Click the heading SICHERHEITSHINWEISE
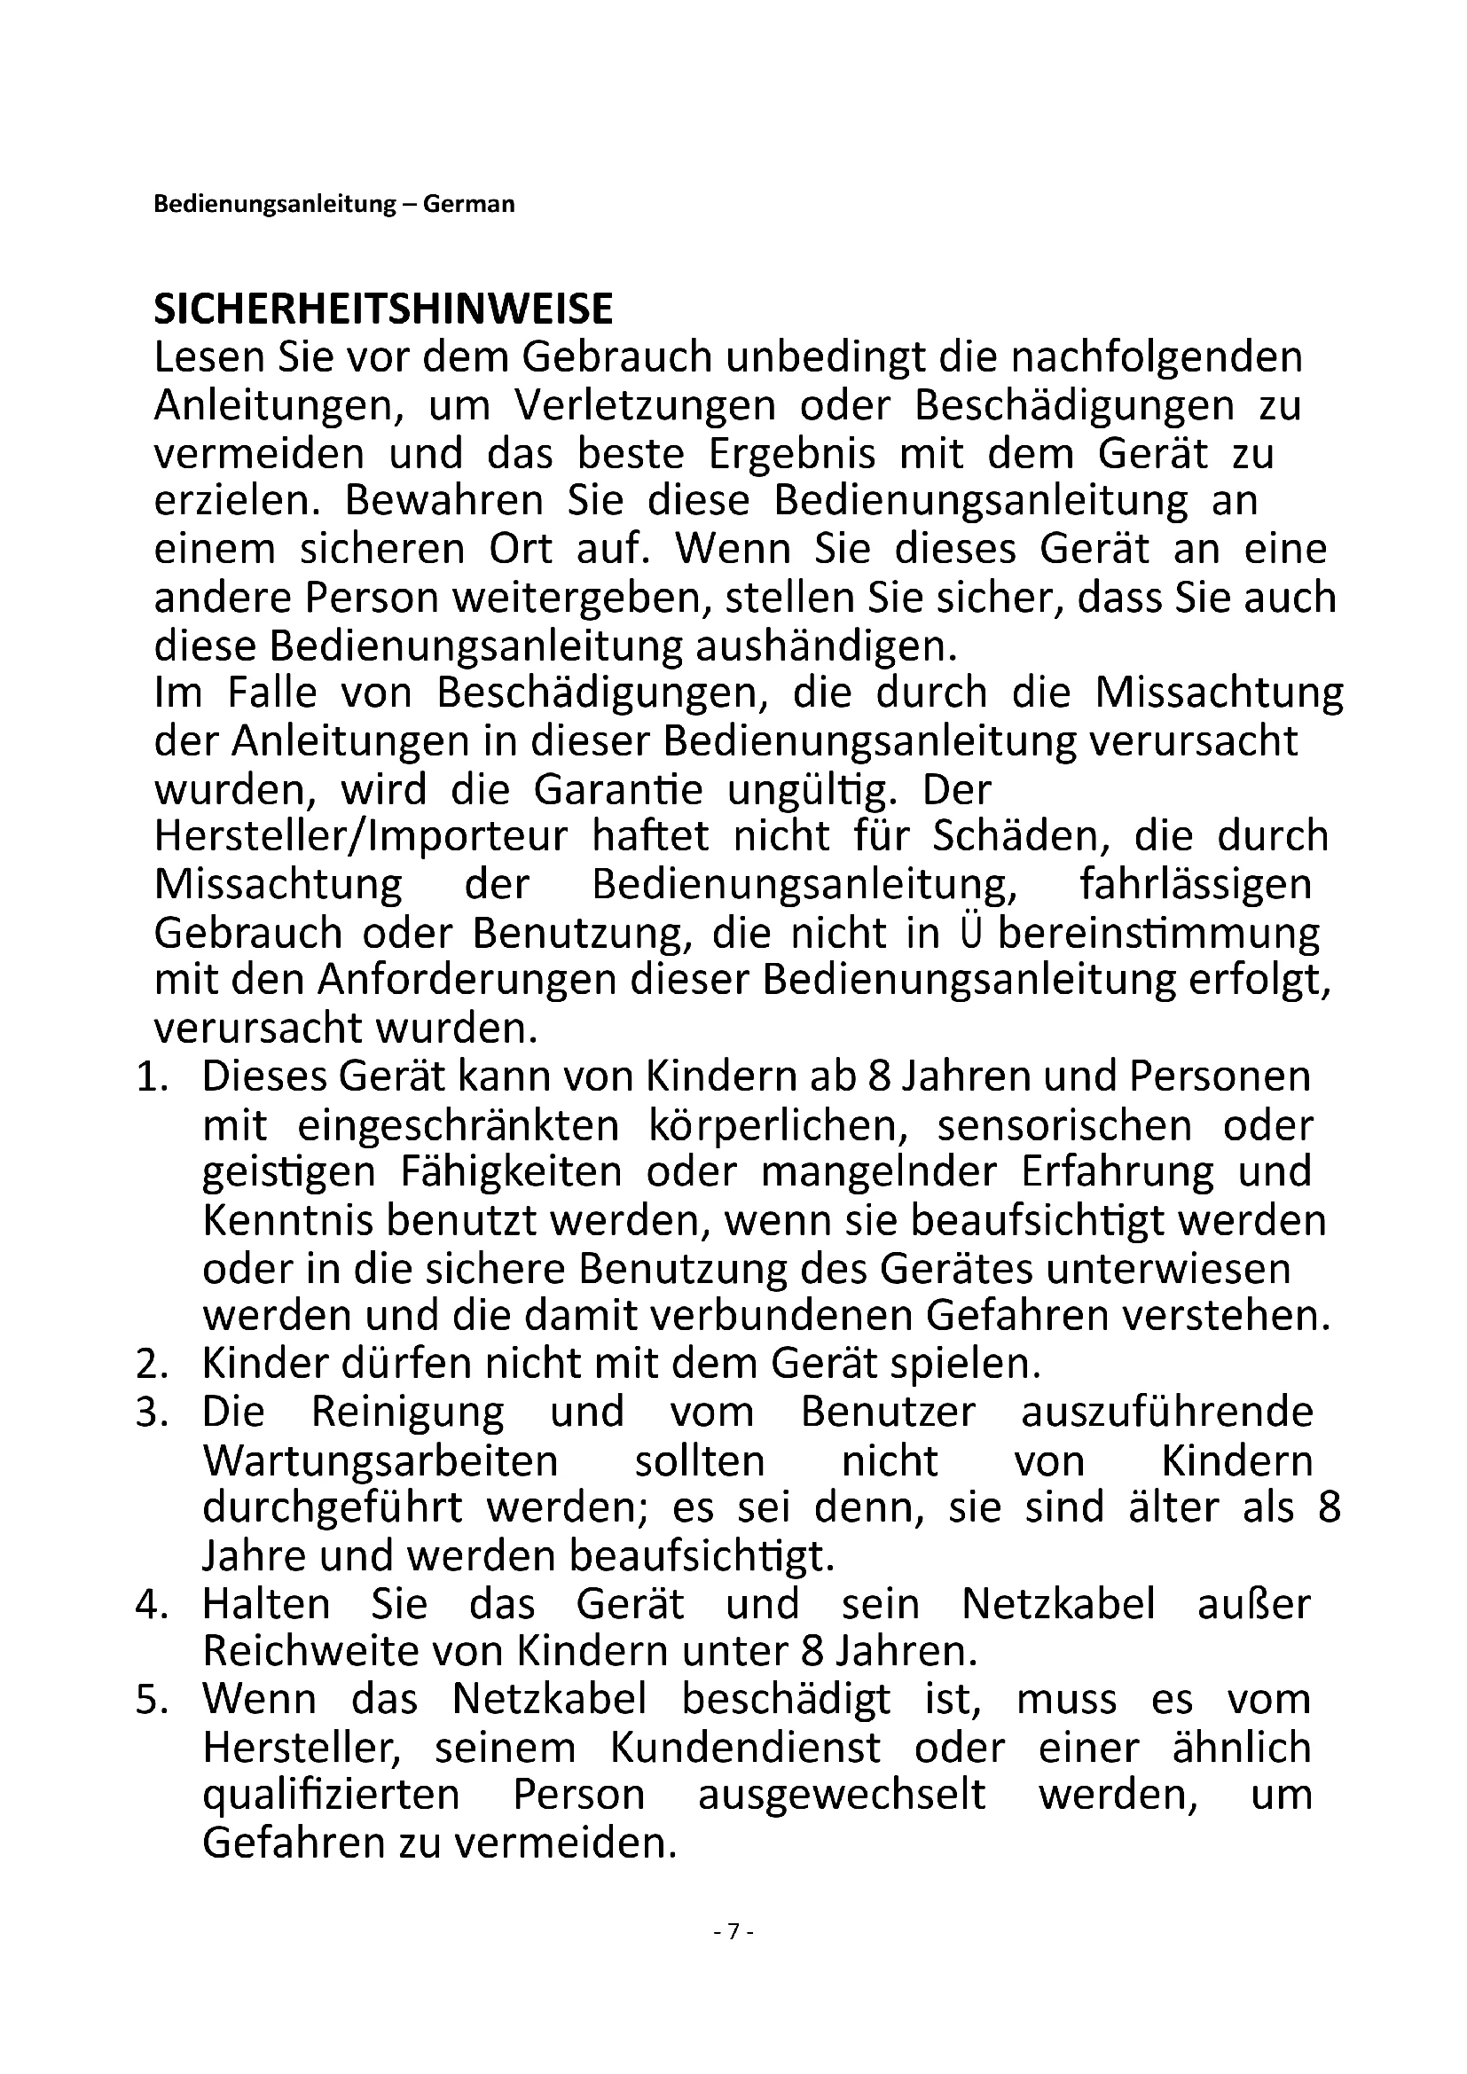click(x=383, y=309)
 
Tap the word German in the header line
click(x=469, y=204)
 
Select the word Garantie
click(x=618, y=789)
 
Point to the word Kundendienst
click(x=745, y=1748)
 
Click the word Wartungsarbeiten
click(x=380, y=1460)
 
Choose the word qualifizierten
click(x=332, y=1795)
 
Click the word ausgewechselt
click(x=842, y=1795)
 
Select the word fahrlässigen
click(x=1195, y=884)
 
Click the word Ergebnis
click(x=791, y=453)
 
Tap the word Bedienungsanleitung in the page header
click(x=275, y=204)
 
